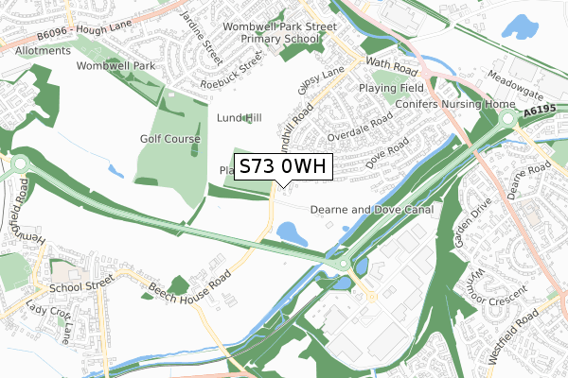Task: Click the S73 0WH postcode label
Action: point(282,167)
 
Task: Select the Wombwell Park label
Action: point(115,66)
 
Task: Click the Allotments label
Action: point(42,50)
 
